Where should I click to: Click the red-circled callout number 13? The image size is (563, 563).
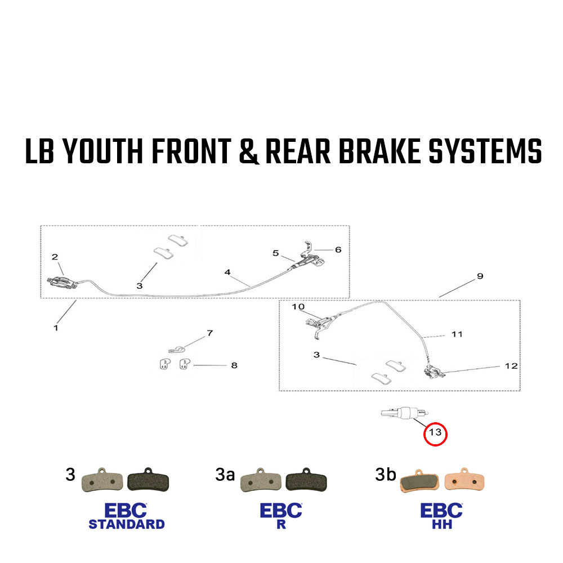click(435, 433)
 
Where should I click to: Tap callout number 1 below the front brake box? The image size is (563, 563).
click(56, 327)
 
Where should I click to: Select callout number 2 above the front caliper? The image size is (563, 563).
click(55, 257)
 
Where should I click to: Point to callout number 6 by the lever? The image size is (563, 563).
click(338, 249)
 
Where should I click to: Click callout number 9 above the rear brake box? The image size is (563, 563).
click(480, 276)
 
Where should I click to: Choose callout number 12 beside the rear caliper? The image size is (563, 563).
click(511, 366)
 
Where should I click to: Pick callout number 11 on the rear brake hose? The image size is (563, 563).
click(457, 334)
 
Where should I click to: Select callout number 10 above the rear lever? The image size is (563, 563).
click(298, 307)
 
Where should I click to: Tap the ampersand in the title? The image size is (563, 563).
click(249, 152)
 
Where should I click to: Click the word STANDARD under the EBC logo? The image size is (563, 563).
click(126, 524)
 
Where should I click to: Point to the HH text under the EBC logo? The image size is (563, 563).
click(441, 524)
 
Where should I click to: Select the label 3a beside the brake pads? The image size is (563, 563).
click(225, 475)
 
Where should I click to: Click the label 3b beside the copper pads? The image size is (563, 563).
click(385, 475)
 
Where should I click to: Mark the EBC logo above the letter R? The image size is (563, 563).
click(281, 510)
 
